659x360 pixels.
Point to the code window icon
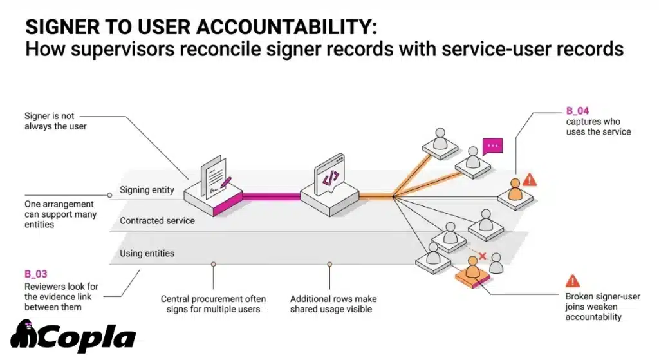[x=329, y=176]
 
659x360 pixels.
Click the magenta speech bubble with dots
[x=492, y=146]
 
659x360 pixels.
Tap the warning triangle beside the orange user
[x=530, y=180]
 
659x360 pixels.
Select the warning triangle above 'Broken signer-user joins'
[x=571, y=281]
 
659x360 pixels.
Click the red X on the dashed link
[x=482, y=256]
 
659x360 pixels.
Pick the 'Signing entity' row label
[x=147, y=190]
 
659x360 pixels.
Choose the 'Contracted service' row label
[x=157, y=221]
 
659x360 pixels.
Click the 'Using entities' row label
[x=147, y=253]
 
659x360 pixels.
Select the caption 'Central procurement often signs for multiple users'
[x=213, y=304]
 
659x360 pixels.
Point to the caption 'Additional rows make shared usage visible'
[x=333, y=304]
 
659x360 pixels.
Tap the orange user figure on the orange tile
[x=473, y=267]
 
